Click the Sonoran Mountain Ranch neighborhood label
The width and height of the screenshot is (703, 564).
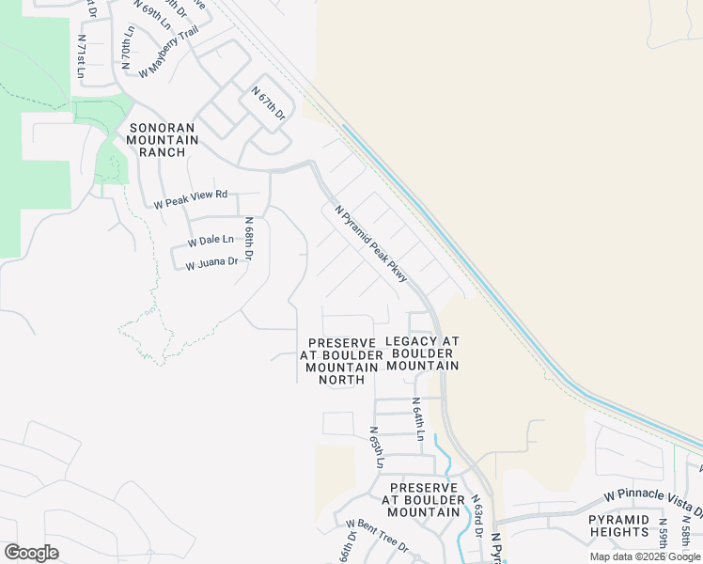coord(164,140)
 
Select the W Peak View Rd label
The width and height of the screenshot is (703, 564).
coord(191,198)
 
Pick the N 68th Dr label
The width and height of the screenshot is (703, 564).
coord(250,241)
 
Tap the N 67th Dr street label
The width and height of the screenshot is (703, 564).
coord(268,102)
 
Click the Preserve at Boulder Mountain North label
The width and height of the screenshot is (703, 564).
coord(341,360)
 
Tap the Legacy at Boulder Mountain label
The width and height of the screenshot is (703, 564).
coord(422,352)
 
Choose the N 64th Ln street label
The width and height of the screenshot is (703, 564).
coord(418,418)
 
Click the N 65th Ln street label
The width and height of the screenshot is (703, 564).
coord(376,446)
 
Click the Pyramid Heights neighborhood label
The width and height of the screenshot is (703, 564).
coord(618,525)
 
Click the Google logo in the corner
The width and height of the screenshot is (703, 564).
coord(32,553)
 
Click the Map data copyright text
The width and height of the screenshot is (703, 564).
coord(646,556)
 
